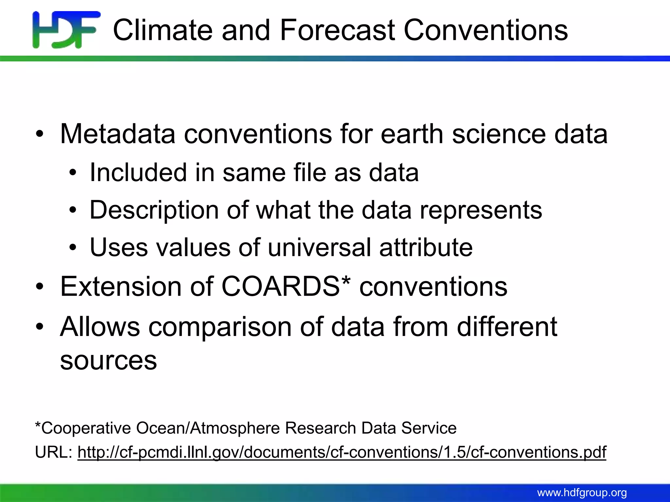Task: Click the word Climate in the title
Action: tap(163, 30)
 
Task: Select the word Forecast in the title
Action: tap(337, 30)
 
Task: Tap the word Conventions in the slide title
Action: tap(485, 30)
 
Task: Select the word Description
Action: tap(154, 210)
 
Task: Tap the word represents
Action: tap(481, 210)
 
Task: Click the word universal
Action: tap(319, 247)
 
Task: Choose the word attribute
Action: tap(426, 247)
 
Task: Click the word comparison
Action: tap(220, 326)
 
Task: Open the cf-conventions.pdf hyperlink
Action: tap(342, 452)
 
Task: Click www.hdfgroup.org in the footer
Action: tap(582, 493)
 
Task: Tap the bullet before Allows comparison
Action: tap(40, 327)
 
